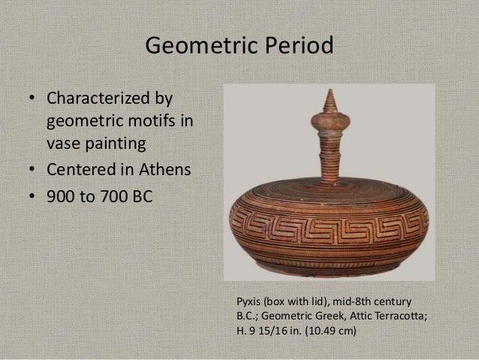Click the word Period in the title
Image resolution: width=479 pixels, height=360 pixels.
297,47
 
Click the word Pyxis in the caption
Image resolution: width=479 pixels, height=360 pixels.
251,301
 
